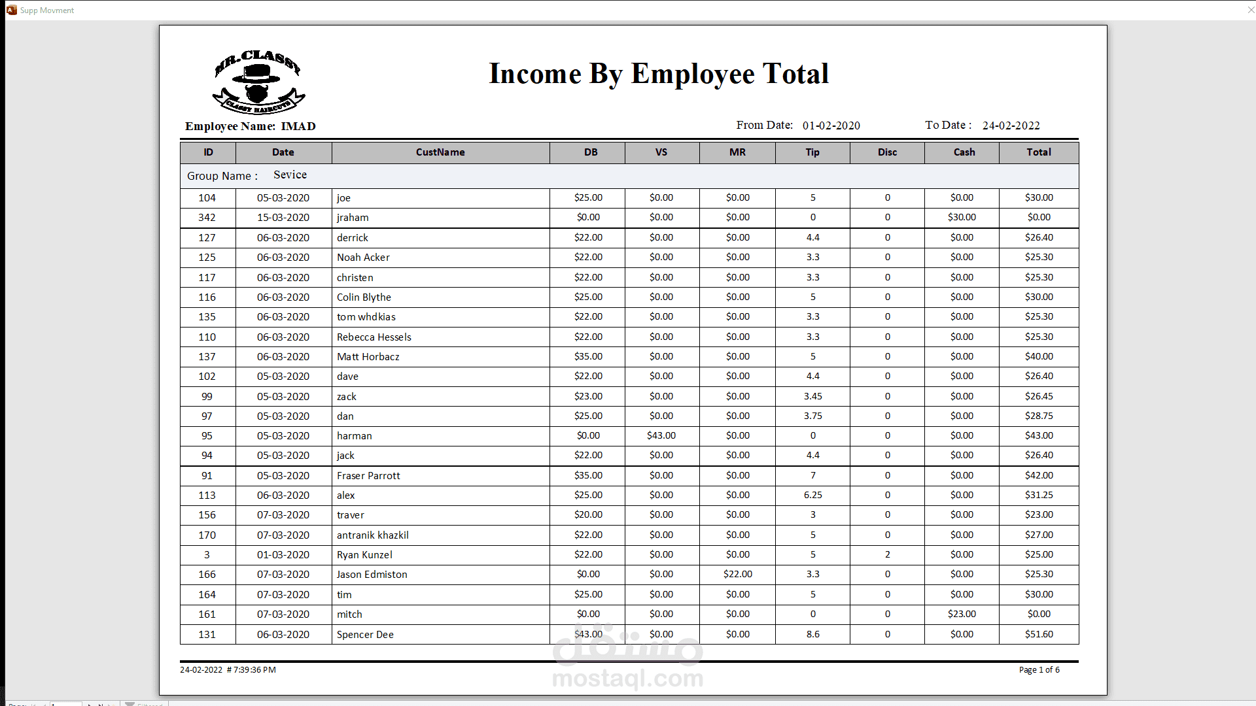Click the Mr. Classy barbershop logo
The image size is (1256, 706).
click(258, 82)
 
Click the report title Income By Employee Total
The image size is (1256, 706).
click(659, 74)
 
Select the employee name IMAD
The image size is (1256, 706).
click(298, 126)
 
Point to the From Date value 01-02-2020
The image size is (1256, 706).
click(831, 126)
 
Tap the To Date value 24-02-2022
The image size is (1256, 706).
click(1011, 126)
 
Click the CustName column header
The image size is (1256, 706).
click(440, 152)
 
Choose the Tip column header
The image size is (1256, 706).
click(812, 152)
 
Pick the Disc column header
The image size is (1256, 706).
click(887, 152)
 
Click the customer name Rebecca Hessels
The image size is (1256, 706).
click(374, 337)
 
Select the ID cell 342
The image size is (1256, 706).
click(207, 218)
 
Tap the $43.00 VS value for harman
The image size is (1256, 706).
click(661, 435)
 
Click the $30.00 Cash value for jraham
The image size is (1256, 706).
click(962, 217)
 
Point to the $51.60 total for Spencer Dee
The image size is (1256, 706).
click(1039, 634)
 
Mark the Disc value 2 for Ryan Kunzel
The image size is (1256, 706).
click(888, 554)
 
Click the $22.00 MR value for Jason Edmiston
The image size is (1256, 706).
click(738, 574)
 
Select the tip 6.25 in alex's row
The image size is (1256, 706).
click(812, 495)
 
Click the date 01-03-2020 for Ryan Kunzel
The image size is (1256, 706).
click(283, 555)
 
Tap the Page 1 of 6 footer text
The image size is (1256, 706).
click(1039, 669)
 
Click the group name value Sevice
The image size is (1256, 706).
click(290, 175)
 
